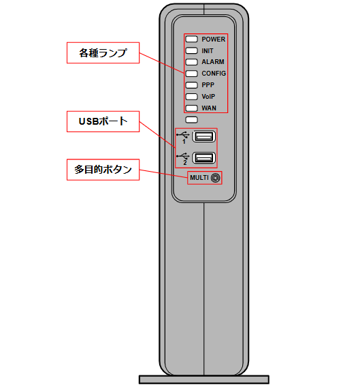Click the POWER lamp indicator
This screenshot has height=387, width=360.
click(191, 39)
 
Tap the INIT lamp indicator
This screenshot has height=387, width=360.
click(191, 50)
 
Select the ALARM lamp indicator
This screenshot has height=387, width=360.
click(191, 62)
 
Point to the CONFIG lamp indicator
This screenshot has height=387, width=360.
click(191, 74)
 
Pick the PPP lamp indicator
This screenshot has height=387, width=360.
click(191, 85)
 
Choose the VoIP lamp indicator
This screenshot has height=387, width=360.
click(191, 97)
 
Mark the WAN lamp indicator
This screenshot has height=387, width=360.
click(191, 108)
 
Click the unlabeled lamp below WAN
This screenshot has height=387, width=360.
click(191, 120)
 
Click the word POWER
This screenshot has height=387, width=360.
click(213, 40)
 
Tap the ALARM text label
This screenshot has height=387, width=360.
click(213, 62)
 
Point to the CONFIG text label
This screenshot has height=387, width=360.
click(214, 74)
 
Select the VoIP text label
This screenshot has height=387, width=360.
click(208, 97)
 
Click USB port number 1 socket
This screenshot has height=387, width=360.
click(203, 136)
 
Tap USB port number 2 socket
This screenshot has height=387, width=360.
click(203, 158)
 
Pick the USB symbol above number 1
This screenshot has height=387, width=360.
click(182, 135)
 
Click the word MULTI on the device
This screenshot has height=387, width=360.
click(199, 178)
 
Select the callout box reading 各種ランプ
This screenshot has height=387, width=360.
click(103, 53)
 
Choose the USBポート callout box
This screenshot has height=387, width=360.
click(103, 121)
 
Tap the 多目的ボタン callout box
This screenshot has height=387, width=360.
click(103, 170)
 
